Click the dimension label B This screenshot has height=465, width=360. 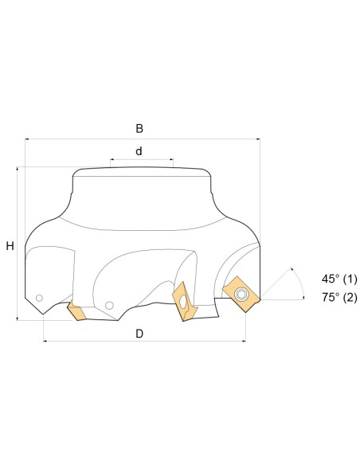pyautogui.click(x=139, y=129)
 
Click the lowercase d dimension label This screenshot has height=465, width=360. pyautogui.click(x=139, y=151)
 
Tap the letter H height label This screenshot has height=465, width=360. pyautogui.click(x=10, y=246)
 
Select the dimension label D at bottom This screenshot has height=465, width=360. pyautogui.click(x=139, y=334)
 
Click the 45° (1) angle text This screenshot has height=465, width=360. pyautogui.click(x=339, y=279)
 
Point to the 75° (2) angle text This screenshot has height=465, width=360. pyautogui.click(x=339, y=297)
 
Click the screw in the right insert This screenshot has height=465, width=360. pyautogui.click(x=240, y=295)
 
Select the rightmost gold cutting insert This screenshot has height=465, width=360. pyautogui.click(x=241, y=294)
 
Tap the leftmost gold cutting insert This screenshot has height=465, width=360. pyautogui.click(x=76, y=311)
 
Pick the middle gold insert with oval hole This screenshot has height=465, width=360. pyautogui.click(x=185, y=303)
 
